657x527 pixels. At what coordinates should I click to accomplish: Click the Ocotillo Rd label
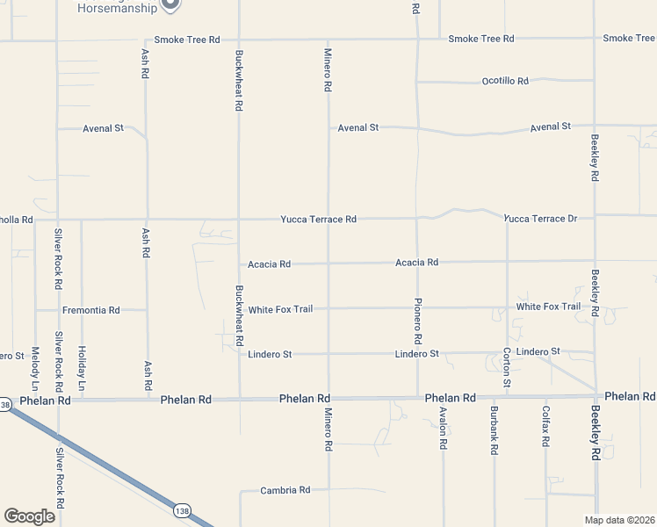[505, 81]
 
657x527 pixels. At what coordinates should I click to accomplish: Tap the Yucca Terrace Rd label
[318, 219]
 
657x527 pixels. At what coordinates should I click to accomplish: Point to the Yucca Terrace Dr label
[540, 218]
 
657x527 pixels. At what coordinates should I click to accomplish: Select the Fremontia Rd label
[90, 310]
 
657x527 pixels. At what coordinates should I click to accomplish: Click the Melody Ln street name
[35, 368]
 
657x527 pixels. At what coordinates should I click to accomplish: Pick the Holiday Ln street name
[81, 368]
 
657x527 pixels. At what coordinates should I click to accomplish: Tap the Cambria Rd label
[285, 490]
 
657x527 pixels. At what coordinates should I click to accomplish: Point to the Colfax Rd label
[545, 424]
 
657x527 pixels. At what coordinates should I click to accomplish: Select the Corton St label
[507, 368]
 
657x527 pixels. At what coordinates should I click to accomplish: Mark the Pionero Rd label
[418, 321]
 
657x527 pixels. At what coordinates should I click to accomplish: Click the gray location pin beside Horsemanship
[171, 4]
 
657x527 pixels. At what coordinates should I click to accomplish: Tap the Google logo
[29, 516]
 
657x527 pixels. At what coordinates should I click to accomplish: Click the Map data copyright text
[619, 520]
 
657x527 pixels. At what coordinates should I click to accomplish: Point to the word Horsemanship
[117, 8]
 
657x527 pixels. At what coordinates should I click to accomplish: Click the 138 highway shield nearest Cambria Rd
[182, 509]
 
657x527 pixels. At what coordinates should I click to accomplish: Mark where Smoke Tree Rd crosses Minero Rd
[328, 40]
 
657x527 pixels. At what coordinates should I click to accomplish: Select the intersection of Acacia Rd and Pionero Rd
[417, 262]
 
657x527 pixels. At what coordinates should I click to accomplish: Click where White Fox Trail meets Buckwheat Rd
[239, 309]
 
